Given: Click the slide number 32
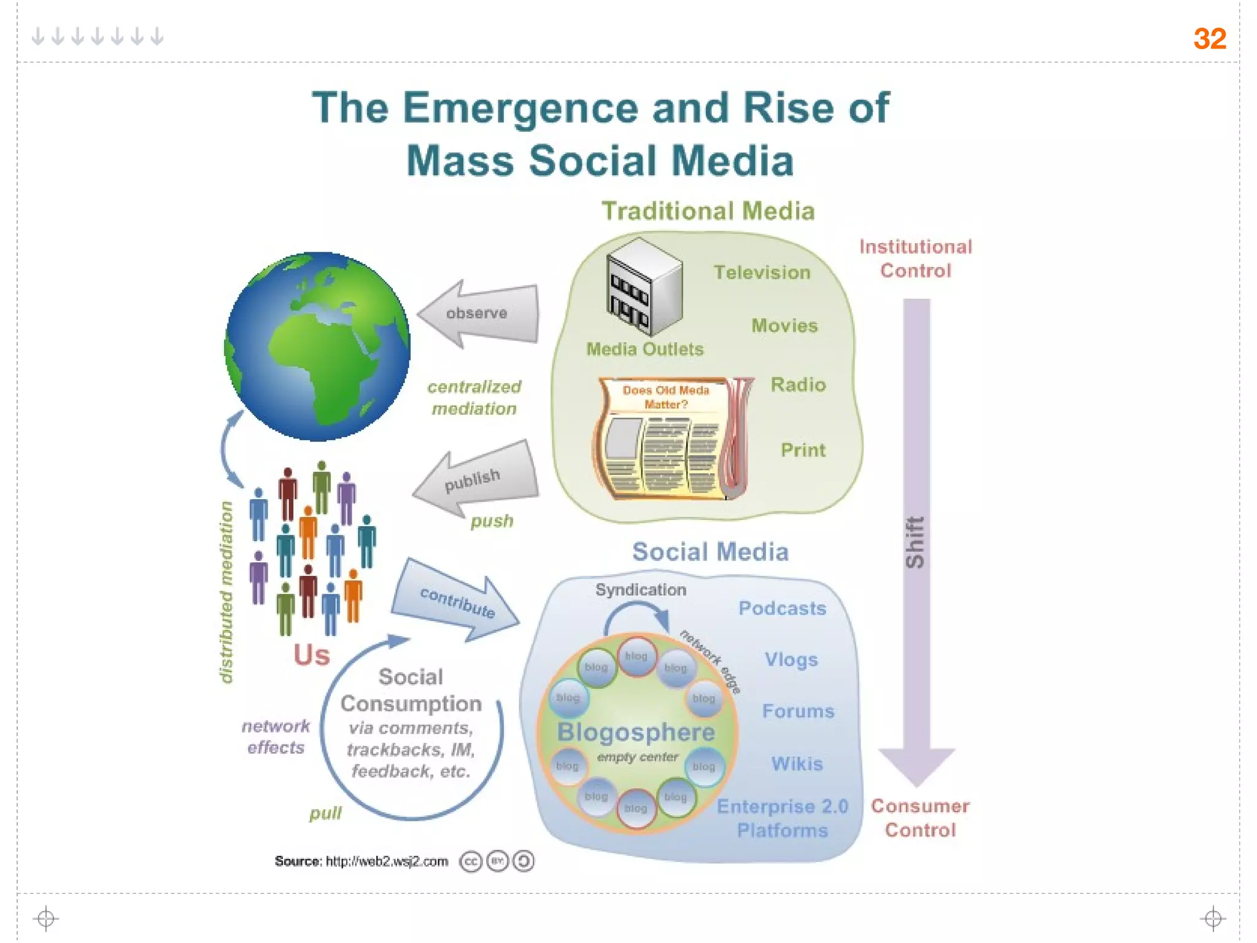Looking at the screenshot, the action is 1209,39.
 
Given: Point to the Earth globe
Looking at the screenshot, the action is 317,346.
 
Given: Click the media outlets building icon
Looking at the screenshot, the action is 644,286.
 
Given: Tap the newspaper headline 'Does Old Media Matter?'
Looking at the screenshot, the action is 665,397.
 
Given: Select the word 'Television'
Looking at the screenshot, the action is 762,273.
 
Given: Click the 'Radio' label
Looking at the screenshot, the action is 798,385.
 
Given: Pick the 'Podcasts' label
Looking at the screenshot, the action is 782,608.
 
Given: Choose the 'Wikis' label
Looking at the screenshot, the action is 797,764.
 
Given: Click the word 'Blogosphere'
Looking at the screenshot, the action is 636,732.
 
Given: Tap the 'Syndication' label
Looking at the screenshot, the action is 641,590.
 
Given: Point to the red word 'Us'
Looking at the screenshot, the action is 311,655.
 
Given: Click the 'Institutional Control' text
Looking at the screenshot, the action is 915,258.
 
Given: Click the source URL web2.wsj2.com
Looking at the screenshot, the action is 387,861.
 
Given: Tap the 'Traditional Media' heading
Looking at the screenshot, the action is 708,211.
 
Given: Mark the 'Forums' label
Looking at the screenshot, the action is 798,711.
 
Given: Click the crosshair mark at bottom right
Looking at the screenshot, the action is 1213,918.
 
